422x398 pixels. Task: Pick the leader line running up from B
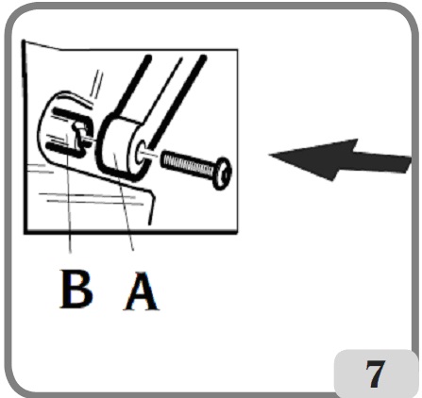tap(70, 207)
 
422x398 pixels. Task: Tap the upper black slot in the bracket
tap(67, 120)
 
